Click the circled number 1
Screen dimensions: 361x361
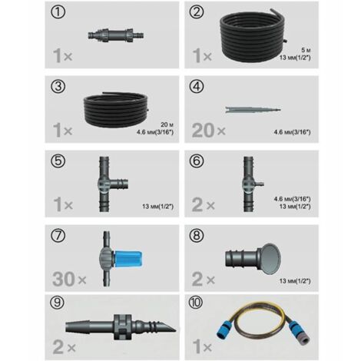58,12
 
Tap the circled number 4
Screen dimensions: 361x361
197,87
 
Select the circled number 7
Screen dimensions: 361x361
58,236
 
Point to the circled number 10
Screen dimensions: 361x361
196,303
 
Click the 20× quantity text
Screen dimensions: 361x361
208,130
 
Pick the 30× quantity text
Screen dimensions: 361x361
69,279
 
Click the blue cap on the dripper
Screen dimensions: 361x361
128,259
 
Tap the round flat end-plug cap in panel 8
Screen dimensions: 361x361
271,259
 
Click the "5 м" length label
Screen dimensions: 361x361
306,50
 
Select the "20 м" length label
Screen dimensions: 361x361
167,124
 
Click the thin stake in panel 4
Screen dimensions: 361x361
253,110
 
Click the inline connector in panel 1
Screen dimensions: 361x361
115,35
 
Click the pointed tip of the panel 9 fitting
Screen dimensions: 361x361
175,330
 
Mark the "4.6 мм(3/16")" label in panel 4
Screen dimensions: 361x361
293,132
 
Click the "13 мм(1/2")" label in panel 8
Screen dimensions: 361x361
295,281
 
